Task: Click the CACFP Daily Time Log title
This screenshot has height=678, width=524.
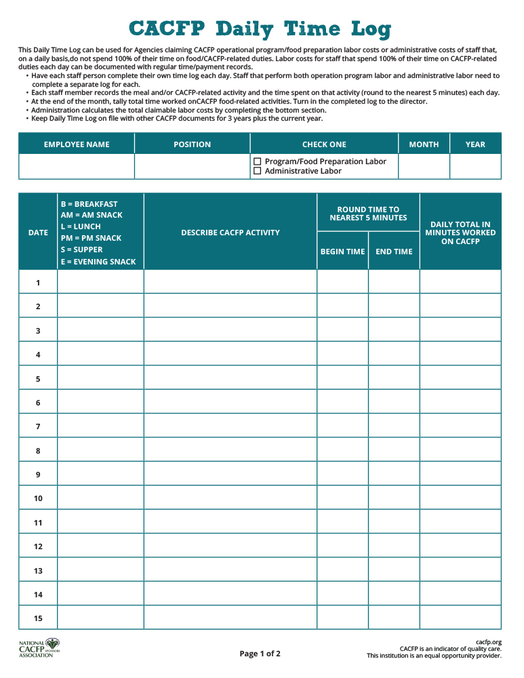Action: click(x=260, y=29)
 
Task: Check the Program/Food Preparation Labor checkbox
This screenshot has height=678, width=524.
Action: click(x=258, y=161)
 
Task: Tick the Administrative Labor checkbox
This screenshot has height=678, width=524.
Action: click(x=258, y=171)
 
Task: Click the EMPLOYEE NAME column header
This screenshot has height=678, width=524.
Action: click(x=77, y=144)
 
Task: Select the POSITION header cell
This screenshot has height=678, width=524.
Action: click(x=192, y=144)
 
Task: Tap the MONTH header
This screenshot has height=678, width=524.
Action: click(x=424, y=144)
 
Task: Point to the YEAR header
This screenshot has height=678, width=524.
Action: click(x=475, y=144)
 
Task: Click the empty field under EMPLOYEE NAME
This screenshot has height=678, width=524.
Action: click(x=77, y=166)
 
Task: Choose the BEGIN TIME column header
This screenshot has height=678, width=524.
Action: click(x=342, y=252)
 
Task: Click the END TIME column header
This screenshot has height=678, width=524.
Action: click(x=394, y=252)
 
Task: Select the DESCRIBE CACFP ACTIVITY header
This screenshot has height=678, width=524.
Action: click(x=230, y=233)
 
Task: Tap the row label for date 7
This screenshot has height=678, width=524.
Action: click(x=38, y=426)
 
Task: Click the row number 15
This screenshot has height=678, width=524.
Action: click(x=38, y=618)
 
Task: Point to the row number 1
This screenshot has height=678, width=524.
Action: click(x=38, y=283)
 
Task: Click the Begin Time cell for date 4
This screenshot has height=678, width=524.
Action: click(x=342, y=355)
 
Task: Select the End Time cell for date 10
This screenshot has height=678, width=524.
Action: click(x=394, y=498)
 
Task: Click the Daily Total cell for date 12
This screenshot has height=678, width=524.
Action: click(x=460, y=546)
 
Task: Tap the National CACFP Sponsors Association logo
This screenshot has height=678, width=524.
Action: click(x=40, y=648)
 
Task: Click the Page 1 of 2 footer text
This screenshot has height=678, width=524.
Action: click(x=260, y=654)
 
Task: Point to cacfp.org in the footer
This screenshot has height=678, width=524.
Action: click(x=488, y=642)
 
